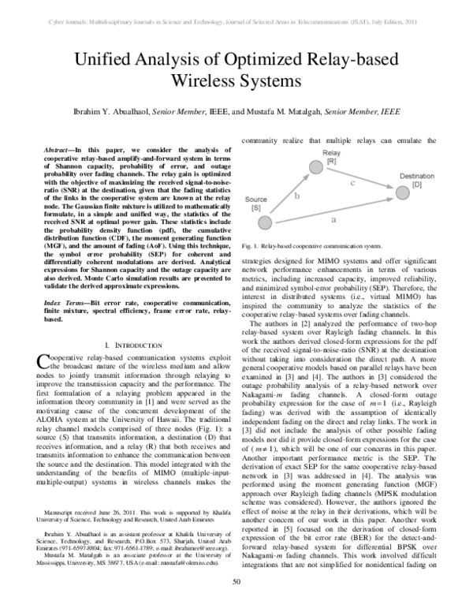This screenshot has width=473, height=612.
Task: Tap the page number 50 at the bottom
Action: (x=236, y=604)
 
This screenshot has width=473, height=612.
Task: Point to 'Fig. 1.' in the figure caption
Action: (x=252, y=246)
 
